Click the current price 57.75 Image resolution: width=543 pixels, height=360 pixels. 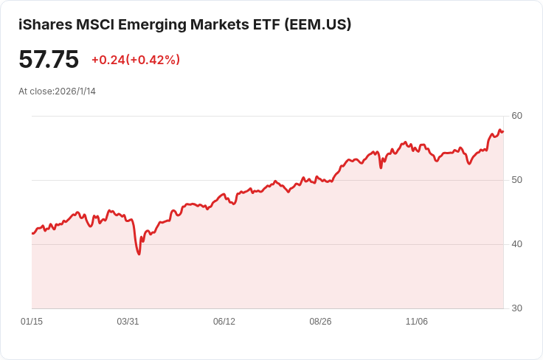coord(49,59)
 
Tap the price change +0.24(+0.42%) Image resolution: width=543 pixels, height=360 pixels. coord(136,60)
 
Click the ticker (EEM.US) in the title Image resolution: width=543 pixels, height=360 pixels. coord(317,24)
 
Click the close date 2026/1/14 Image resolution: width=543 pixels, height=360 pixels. coord(75,91)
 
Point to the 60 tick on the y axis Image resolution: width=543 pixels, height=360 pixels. coord(516,116)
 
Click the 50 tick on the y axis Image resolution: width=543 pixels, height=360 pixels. coord(516,180)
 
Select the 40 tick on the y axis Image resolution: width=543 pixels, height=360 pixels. coord(516,244)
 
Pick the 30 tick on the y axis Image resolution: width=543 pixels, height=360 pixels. coord(516,308)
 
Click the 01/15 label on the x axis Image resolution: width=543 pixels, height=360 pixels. coord(32,322)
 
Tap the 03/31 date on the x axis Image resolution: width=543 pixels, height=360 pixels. coord(128,322)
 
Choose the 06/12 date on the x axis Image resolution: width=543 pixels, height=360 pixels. coord(224,322)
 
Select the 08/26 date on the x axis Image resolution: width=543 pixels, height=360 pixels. coord(320,322)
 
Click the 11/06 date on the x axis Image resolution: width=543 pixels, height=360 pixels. coord(417,322)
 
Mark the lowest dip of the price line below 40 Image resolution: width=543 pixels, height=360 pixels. coord(139,254)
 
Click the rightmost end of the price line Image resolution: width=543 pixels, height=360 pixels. coord(503,131)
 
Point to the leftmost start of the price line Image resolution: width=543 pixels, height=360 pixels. coord(32,233)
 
